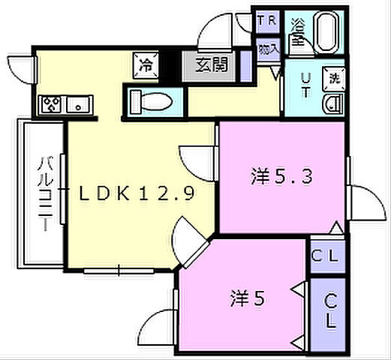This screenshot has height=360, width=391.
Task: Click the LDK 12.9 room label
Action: (x=138, y=193)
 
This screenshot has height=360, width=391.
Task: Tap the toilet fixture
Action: (x=154, y=98)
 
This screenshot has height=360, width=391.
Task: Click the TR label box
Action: (x=266, y=21)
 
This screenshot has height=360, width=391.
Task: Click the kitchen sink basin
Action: (x=78, y=104)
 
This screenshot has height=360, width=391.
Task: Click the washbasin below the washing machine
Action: (x=332, y=104)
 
